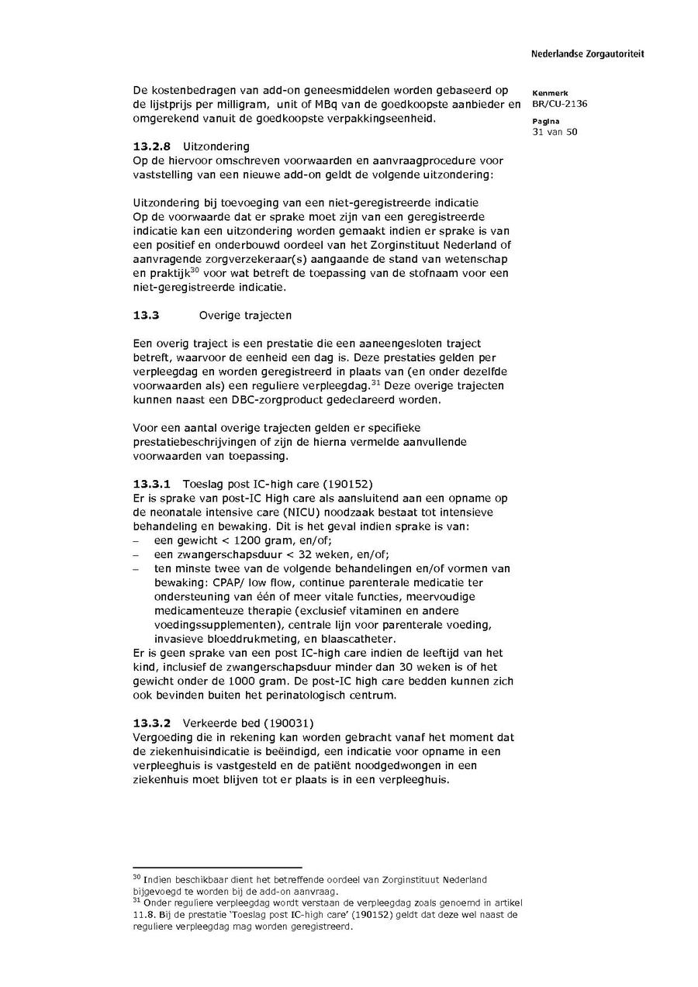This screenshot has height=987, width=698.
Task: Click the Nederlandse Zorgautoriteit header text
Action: click(587, 54)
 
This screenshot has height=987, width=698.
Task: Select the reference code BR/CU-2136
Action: click(559, 104)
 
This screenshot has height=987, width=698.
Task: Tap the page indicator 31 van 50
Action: click(555, 131)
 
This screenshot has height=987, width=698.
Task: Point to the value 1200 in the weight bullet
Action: click(234, 540)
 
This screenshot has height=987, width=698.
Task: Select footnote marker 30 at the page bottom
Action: click(136, 876)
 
